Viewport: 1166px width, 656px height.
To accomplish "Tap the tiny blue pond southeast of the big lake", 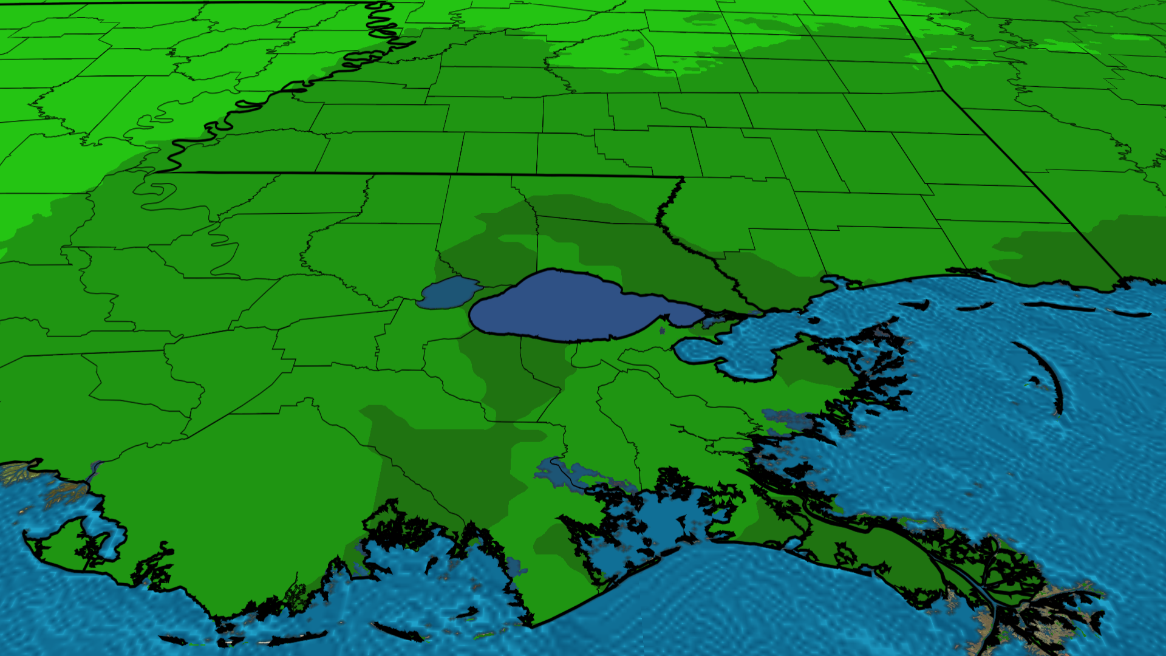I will click(x=661, y=330).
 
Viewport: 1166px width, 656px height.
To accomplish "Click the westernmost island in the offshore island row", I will click(x=917, y=306).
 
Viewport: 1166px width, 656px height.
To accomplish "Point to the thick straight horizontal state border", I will click(x=425, y=174).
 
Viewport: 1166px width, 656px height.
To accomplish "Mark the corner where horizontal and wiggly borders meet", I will click(x=683, y=177).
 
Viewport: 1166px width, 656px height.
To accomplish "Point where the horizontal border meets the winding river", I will click(x=159, y=173).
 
